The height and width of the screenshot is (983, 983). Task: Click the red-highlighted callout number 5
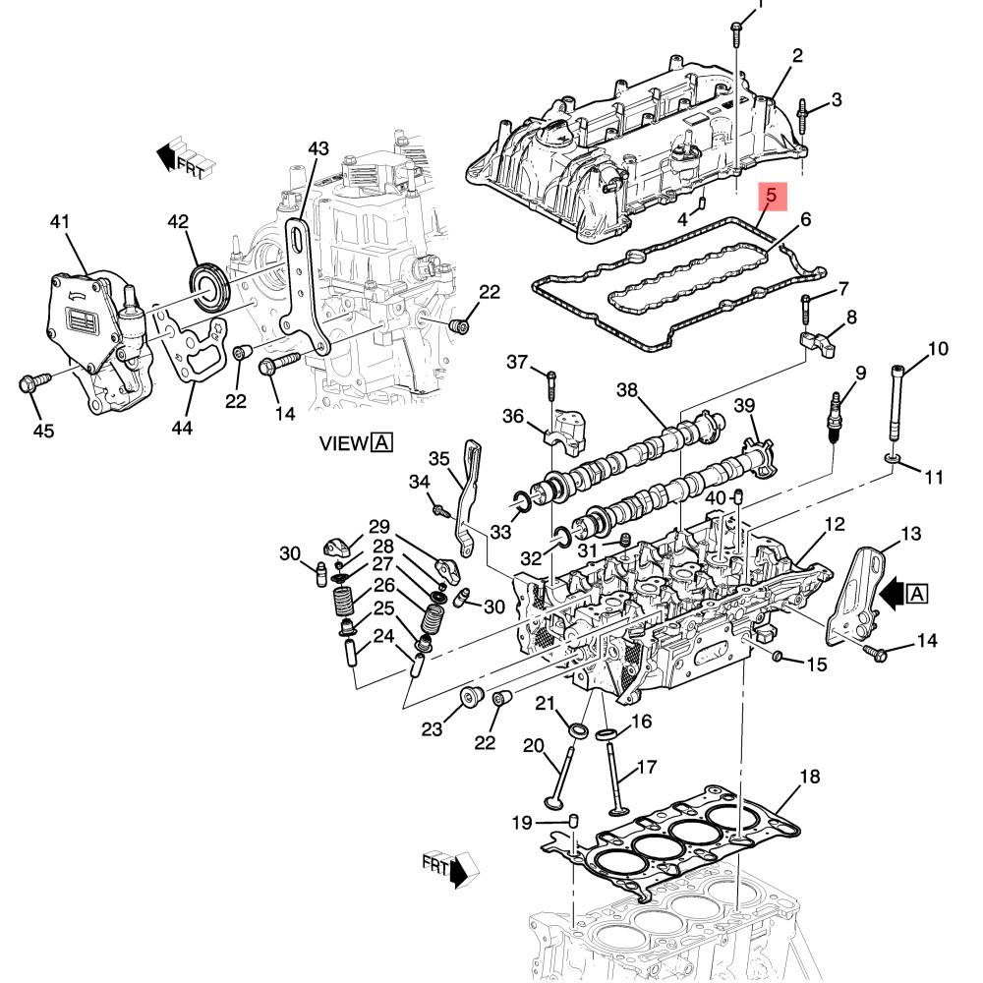click(x=771, y=196)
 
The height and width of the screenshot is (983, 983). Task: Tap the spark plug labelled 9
click(x=836, y=418)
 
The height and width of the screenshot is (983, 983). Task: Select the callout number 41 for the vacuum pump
click(x=60, y=222)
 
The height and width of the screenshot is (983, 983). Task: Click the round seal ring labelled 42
click(x=209, y=288)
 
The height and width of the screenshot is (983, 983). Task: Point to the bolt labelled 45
click(x=35, y=382)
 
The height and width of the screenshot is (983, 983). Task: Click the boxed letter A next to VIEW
click(x=381, y=443)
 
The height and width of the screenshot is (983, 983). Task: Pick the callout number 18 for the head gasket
click(x=809, y=777)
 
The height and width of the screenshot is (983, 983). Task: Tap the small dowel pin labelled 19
click(x=573, y=821)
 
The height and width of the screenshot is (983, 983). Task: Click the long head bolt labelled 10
click(x=896, y=406)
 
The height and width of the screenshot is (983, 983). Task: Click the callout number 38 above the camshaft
click(x=627, y=390)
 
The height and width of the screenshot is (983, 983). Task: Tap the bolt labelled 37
click(x=551, y=385)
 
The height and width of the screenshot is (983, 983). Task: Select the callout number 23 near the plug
click(x=432, y=729)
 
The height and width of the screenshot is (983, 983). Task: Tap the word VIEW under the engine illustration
click(x=343, y=443)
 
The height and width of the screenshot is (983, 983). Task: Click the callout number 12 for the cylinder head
click(x=835, y=524)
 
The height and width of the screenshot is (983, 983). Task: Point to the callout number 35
click(x=438, y=459)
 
